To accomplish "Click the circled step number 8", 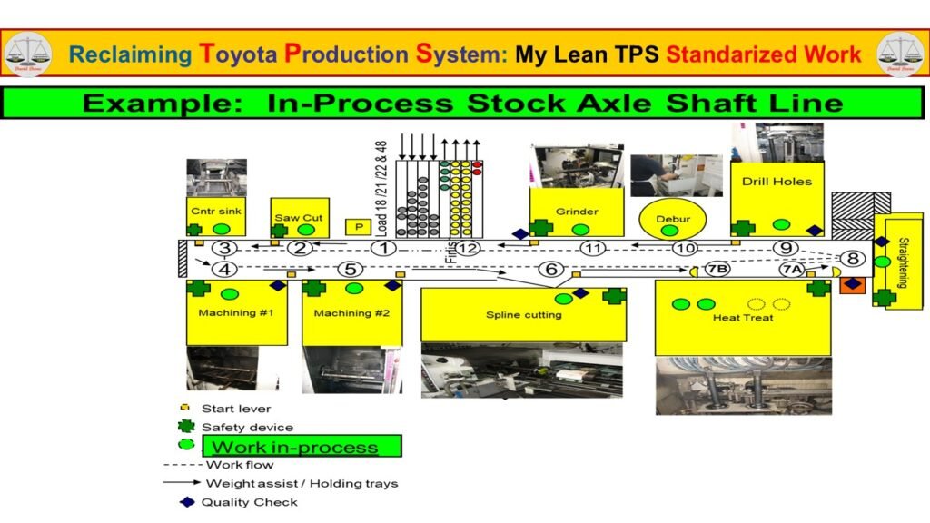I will (x=853, y=258).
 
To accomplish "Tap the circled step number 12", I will (x=468, y=248).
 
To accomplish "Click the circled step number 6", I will (x=550, y=269).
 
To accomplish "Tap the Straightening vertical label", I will (x=903, y=262).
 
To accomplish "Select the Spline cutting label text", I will (x=524, y=315).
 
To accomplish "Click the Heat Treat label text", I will (x=743, y=318).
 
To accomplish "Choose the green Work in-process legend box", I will (x=301, y=446).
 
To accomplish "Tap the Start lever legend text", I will (x=236, y=409).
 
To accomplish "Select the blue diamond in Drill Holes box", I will (x=815, y=230).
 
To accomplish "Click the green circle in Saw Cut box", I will (x=306, y=231).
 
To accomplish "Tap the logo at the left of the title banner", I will (x=27, y=54).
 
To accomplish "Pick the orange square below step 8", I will (x=851, y=286).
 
